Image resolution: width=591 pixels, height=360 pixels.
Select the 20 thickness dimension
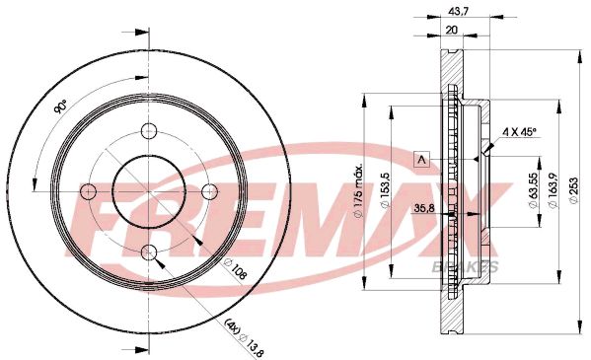coord(451,30)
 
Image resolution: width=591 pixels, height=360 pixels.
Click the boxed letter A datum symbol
coord(422,159)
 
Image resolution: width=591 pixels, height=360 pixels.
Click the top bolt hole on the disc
coord(149,131)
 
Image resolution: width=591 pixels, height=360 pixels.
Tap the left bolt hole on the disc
coord(88,191)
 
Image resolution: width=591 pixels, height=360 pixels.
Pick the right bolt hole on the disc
coord(209,191)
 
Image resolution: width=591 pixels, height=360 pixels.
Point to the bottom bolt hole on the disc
coord(149,252)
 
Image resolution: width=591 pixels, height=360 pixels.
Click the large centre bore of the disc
coord(149,191)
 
